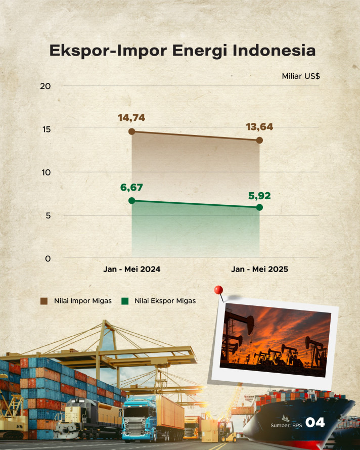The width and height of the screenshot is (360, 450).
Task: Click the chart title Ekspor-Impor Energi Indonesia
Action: (183, 51)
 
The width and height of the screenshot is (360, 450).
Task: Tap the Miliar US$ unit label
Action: (301, 76)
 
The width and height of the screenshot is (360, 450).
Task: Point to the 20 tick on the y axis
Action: (46, 86)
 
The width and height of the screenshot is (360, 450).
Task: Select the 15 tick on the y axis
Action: (47, 129)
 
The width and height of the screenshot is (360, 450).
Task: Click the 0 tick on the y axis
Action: (48, 258)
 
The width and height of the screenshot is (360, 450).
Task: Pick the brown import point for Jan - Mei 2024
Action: (132, 131)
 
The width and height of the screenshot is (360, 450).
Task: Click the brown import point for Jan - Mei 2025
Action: (259, 140)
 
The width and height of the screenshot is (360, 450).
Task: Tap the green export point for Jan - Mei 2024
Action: (132, 201)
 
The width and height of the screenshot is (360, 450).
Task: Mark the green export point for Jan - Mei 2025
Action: (259, 207)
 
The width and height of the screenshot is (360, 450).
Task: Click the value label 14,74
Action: (131, 118)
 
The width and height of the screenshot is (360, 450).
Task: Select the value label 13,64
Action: (259, 127)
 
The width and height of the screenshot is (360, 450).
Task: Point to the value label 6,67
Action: (131, 188)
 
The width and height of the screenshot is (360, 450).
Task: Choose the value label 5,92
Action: (259, 196)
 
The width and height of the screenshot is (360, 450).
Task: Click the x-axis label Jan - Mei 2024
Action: (132, 269)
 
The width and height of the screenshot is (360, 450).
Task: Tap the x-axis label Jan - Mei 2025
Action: (259, 269)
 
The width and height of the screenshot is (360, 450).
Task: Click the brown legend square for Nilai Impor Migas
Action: (44, 301)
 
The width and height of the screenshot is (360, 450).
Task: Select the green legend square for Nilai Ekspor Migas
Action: (125, 301)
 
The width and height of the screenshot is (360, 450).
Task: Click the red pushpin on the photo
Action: (219, 290)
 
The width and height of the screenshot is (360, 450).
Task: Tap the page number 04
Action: (315, 423)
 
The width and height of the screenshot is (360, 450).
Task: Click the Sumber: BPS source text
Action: (286, 425)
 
